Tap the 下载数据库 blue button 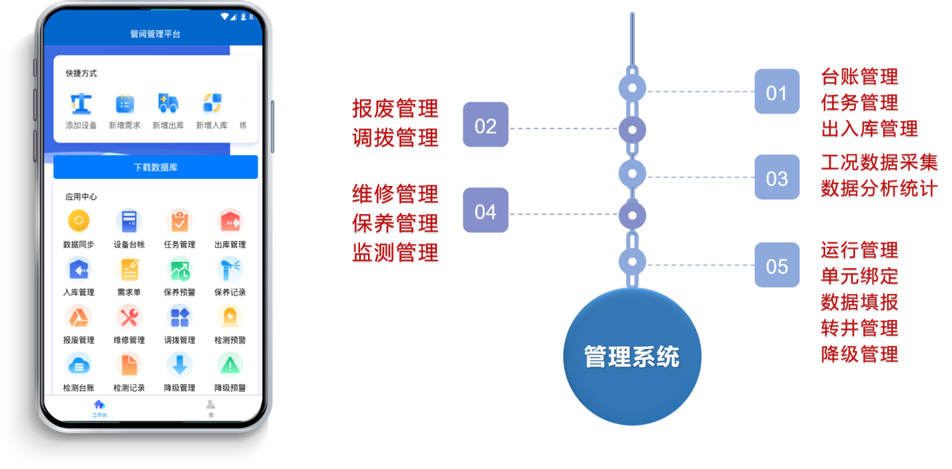tap(155, 168)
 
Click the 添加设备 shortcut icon tap(81, 104)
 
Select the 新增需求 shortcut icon tap(125, 104)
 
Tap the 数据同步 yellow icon tap(79, 221)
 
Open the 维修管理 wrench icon tap(129, 317)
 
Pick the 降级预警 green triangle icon tap(230, 365)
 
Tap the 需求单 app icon tap(129, 270)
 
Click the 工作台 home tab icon tap(99, 404)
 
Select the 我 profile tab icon tap(211, 404)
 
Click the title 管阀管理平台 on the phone tap(155, 34)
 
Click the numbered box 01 tap(777, 92)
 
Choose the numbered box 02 tap(486, 125)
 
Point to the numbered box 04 tap(486, 211)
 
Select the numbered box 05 tap(777, 265)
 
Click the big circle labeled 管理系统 tap(632, 357)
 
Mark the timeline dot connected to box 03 tap(632, 173)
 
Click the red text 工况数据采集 tap(878, 162)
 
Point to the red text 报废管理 tap(395, 109)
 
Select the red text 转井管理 tap(859, 328)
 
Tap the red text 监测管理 tap(395, 253)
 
